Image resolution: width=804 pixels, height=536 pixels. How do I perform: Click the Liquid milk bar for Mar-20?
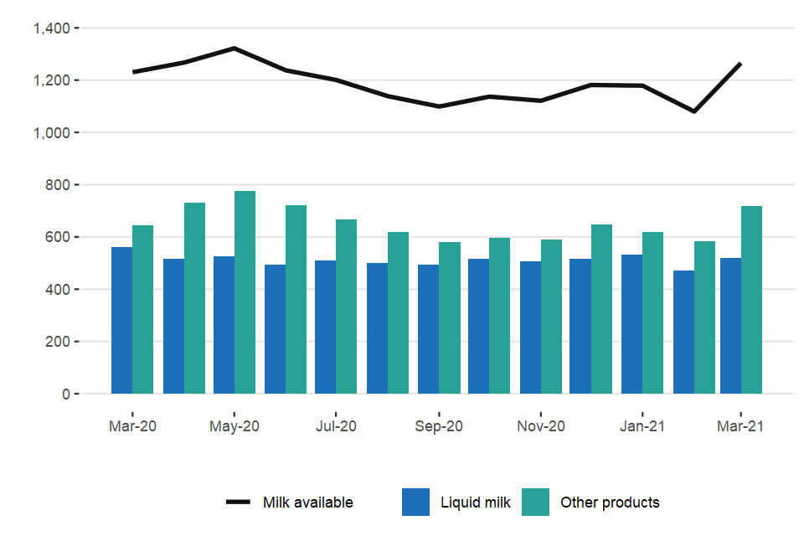(x=122, y=321)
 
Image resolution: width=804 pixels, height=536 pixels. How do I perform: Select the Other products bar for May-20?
(x=245, y=292)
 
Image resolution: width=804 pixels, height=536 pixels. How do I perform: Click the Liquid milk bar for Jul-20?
(x=326, y=327)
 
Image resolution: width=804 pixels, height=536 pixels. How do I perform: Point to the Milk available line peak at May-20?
(x=234, y=49)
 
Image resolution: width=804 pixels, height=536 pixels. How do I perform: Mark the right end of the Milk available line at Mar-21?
(x=740, y=64)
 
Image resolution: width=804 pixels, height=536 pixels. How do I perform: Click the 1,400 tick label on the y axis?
(x=51, y=28)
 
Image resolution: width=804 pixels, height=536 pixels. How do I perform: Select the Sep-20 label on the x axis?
(x=439, y=426)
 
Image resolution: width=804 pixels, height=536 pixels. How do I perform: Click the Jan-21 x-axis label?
(x=642, y=426)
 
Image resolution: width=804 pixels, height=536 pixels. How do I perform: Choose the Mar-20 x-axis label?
(x=132, y=426)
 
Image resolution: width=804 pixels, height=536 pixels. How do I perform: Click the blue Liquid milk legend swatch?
(x=416, y=502)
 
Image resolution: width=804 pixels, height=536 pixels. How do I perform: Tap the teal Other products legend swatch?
(x=536, y=502)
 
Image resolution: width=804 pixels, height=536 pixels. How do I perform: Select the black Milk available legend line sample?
(x=239, y=502)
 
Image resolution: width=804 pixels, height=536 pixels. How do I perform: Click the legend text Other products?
(x=610, y=502)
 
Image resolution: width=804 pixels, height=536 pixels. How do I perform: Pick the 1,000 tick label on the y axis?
(x=51, y=132)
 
